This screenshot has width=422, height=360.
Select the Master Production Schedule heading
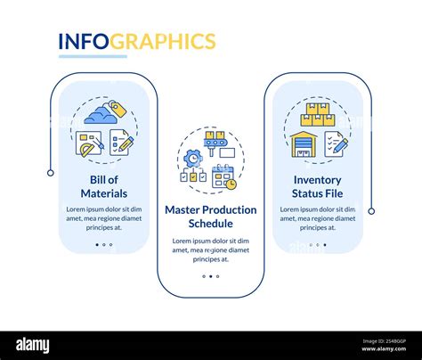211,217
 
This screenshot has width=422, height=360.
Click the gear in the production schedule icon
192,156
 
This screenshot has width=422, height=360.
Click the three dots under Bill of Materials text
104,244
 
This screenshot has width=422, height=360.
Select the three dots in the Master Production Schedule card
211,276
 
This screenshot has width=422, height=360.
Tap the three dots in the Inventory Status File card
317,244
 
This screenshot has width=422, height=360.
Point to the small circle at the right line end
371,211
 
